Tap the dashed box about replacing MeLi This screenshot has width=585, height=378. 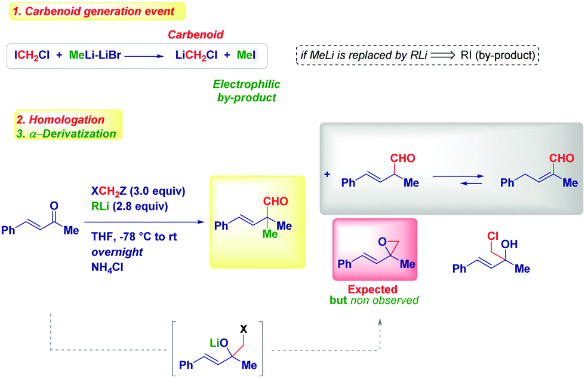[x=417, y=56]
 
